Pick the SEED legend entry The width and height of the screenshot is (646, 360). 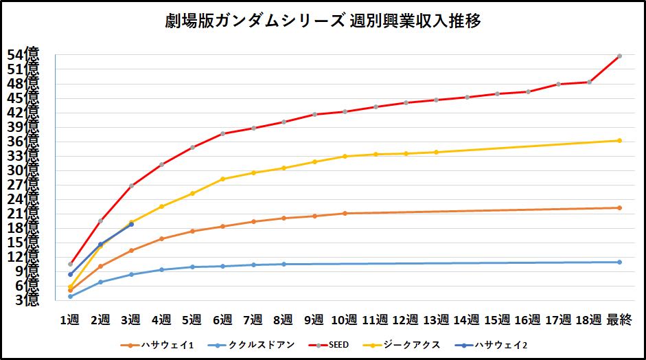(x=343, y=345)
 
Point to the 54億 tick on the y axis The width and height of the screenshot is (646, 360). (x=26, y=54)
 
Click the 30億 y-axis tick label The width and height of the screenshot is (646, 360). (x=26, y=170)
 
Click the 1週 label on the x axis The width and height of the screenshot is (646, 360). (x=70, y=319)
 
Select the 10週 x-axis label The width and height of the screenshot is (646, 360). (x=344, y=319)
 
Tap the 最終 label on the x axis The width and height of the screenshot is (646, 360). (x=619, y=319)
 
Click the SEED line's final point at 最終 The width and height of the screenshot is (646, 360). (x=619, y=56)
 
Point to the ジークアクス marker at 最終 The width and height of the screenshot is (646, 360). (x=619, y=141)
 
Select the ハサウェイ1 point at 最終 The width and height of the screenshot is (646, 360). (x=619, y=207)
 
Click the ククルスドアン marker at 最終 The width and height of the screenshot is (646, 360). (x=619, y=262)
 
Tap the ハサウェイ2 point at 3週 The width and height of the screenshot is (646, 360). (x=131, y=225)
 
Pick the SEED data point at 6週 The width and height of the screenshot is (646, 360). (x=222, y=133)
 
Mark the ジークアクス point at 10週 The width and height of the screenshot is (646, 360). (x=345, y=157)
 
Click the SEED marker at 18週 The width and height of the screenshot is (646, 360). (x=589, y=82)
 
